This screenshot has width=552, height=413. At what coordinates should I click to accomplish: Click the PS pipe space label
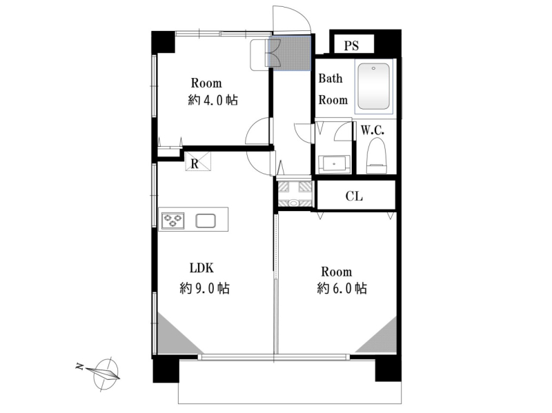point(351,46)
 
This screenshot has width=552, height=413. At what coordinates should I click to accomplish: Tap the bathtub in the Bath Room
point(373,86)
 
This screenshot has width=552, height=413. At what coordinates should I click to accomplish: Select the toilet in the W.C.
point(376,155)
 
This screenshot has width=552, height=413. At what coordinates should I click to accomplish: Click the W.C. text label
point(373,130)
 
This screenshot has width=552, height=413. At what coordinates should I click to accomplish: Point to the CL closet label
point(354,196)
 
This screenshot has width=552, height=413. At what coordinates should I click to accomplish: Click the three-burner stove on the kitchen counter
point(173,221)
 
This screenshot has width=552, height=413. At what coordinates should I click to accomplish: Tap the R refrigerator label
point(195,164)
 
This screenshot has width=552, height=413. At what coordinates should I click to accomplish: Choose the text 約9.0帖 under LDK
point(204,288)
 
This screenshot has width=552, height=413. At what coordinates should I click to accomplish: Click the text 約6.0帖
point(342,288)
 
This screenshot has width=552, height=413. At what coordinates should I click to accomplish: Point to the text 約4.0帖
point(213,100)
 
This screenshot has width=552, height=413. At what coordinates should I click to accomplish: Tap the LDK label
point(201,268)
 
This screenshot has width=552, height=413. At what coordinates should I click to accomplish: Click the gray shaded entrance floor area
point(290,53)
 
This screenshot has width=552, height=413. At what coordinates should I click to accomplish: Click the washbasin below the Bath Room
point(334,164)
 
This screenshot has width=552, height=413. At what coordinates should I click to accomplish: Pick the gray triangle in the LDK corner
point(173,338)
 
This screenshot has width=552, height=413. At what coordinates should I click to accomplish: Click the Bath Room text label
point(333,89)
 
